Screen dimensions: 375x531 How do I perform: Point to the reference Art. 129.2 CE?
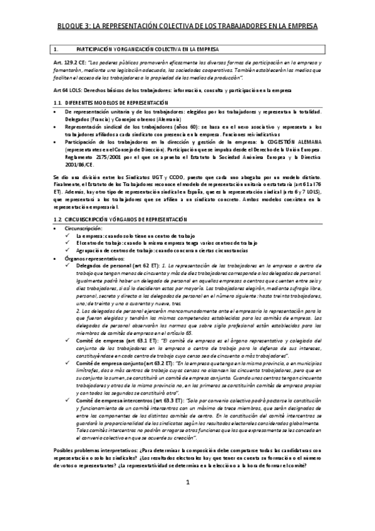click(x=68, y=64)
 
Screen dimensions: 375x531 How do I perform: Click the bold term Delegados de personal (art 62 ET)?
click(x=117, y=265)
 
